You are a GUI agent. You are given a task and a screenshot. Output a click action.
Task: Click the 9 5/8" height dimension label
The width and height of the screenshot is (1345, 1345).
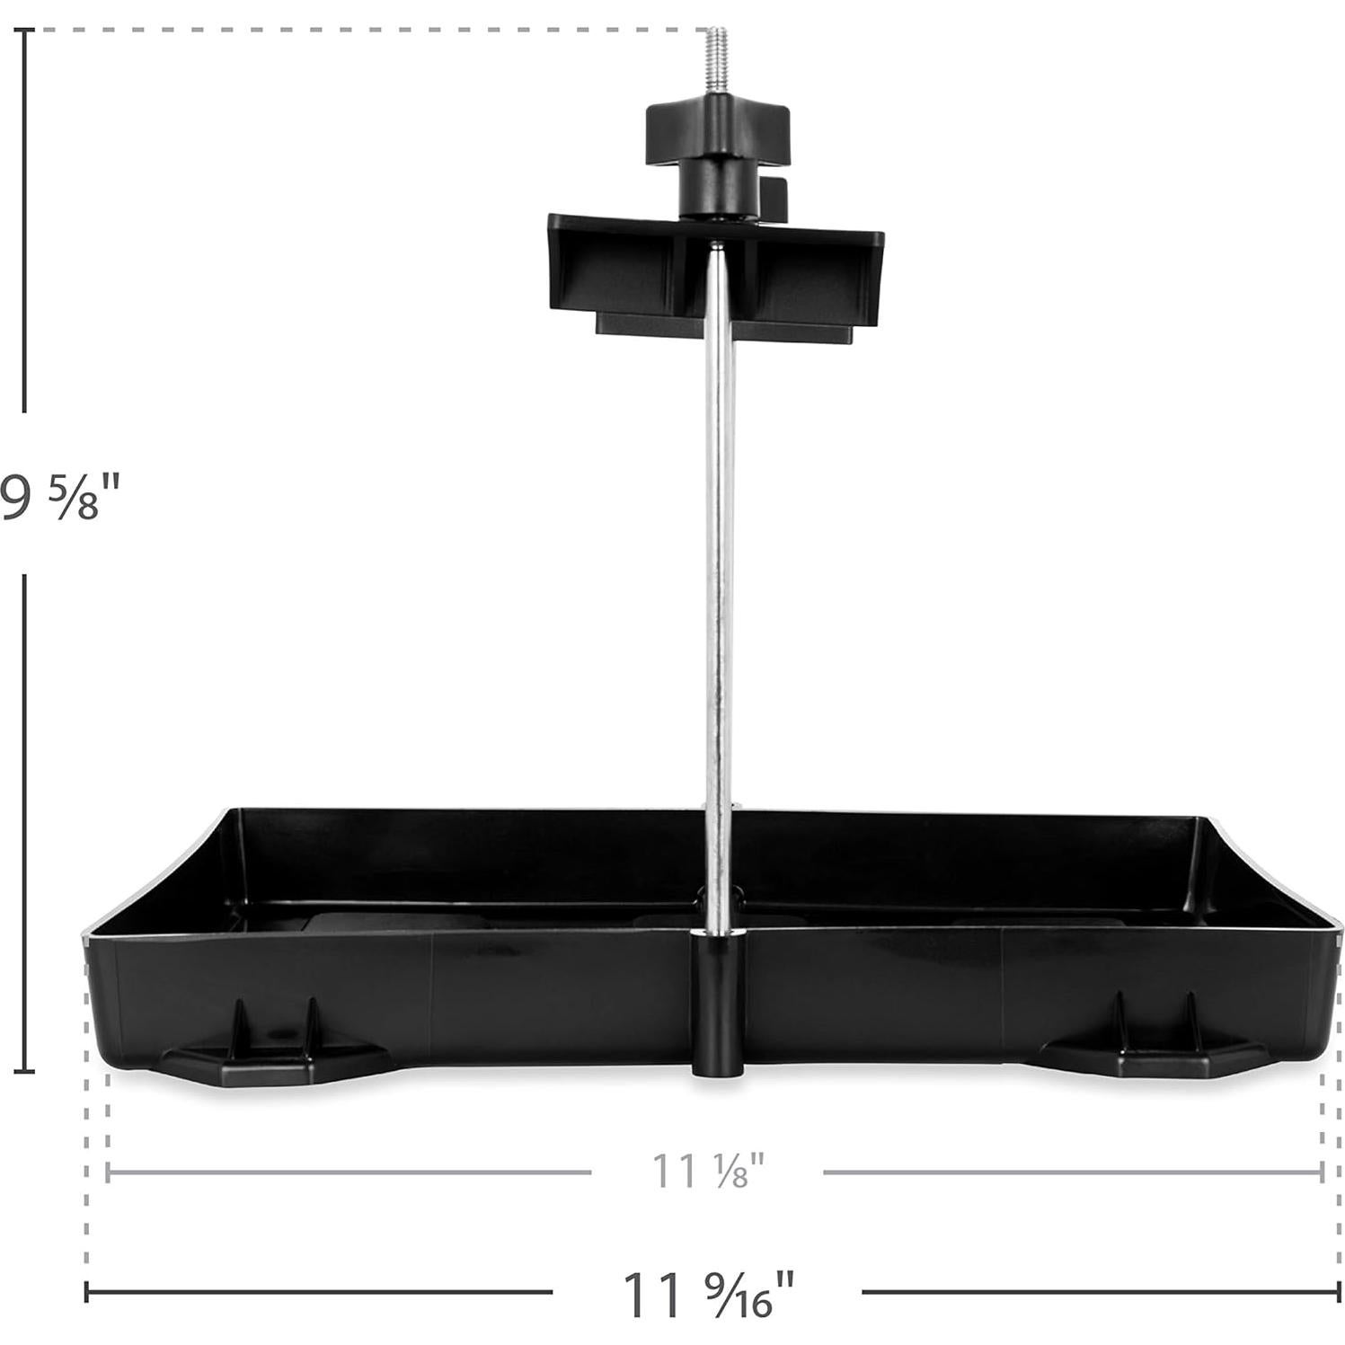(59, 497)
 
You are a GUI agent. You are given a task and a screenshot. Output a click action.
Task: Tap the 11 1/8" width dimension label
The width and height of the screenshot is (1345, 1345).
(707, 1172)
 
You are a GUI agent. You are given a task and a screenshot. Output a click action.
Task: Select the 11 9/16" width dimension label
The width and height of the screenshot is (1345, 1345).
(707, 1293)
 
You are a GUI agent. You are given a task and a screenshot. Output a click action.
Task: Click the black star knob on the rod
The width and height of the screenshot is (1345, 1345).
(717, 135)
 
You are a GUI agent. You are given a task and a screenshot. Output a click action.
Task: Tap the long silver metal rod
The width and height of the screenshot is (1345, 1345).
(719, 584)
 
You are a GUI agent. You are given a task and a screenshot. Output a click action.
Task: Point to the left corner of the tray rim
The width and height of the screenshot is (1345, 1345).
(85, 934)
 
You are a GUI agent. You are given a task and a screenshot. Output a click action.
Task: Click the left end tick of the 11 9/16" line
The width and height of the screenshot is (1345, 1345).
(86, 1292)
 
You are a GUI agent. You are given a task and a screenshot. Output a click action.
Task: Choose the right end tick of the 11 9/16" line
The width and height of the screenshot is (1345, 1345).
(1339, 1292)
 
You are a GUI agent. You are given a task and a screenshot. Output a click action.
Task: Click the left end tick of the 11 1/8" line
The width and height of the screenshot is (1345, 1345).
(108, 1172)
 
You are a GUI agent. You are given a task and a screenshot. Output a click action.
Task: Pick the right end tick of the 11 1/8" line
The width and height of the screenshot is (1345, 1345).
(1322, 1172)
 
